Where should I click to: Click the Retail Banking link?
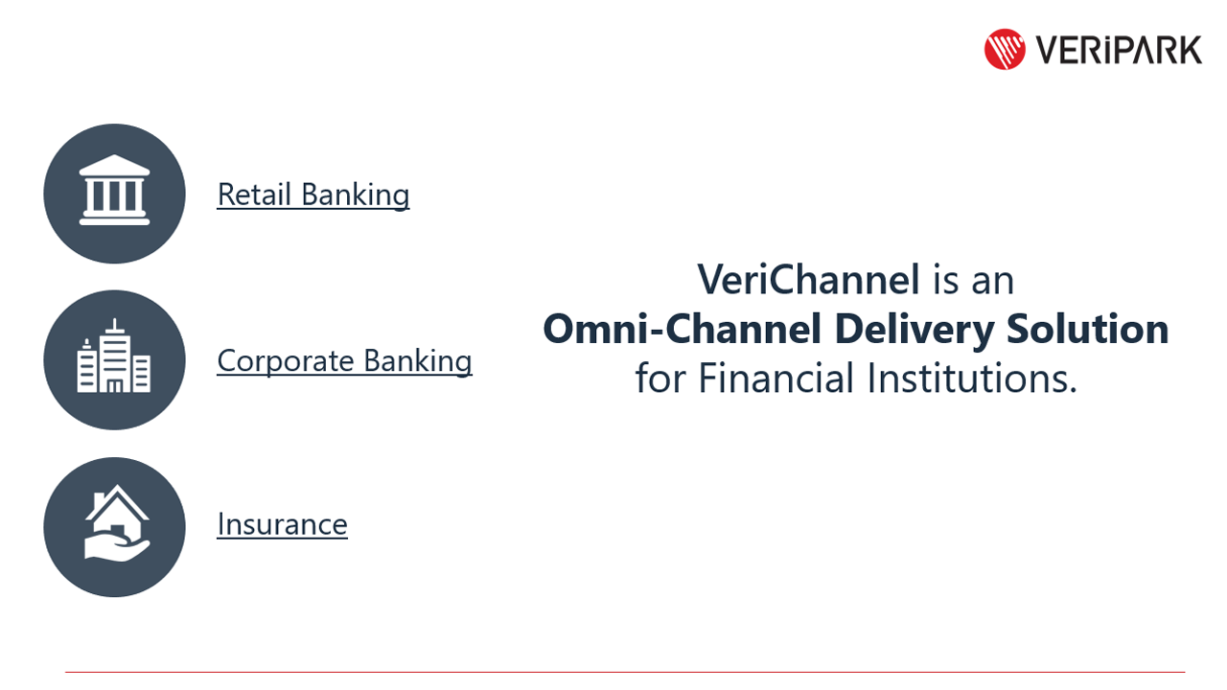pos(313,195)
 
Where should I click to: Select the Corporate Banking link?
pos(344,361)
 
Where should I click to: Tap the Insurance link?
pos(282,524)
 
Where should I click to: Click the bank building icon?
pos(114,193)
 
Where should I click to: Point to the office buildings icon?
pos(114,359)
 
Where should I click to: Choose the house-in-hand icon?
pos(114,526)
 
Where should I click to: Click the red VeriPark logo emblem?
pos(1005,49)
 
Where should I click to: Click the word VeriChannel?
pos(808,280)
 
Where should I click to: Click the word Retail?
pos(254,195)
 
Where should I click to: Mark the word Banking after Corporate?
pos(418,361)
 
